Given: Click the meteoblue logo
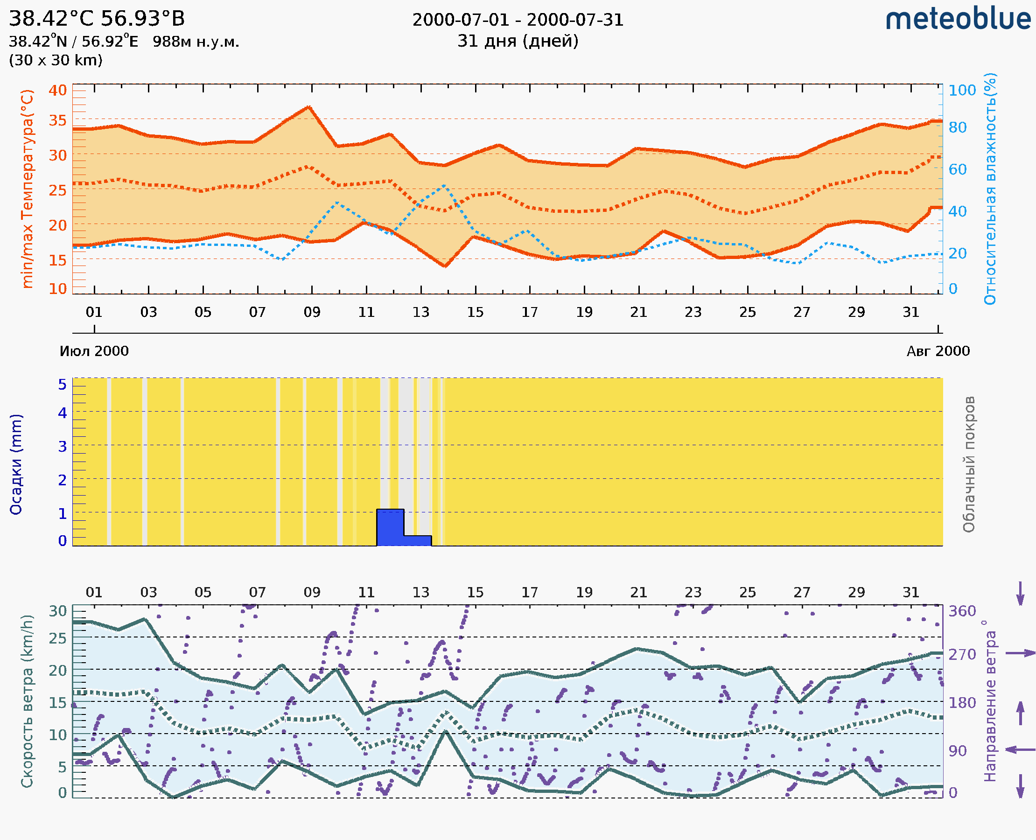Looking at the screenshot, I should pyautogui.click(x=958, y=19).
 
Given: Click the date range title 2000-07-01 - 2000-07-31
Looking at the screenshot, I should pyautogui.click(x=518, y=20).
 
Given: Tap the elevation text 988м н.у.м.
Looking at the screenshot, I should pyautogui.click(x=196, y=42).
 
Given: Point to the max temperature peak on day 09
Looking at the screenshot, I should pyautogui.click(x=309, y=107).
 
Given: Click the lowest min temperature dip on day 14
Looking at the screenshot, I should pyautogui.click(x=445, y=266).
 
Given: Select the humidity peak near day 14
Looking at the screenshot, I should pyautogui.click(x=444, y=185).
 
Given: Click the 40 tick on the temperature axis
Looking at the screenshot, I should pyautogui.click(x=57, y=91).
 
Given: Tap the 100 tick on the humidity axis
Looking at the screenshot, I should pyautogui.click(x=962, y=91).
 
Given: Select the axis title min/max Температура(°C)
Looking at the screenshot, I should pyautogui.click(x=28, y=189).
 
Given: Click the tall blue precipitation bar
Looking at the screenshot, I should pyautogui.click(x=390, y=527).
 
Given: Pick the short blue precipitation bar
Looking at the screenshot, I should pyautogui.click(x=418, y=540).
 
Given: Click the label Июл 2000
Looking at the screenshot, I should pyautogui.click(x=94, y=351).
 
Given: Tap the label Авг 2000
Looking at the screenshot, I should pyautogui.click(x=938, y=351).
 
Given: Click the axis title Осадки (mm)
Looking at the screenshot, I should pyautogui.click(x=16, y=464).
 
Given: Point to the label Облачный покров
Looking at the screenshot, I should pyautogui.click(x=969, y=464).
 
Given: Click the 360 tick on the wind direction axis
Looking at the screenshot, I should pyautogui.click(x=962, y=611).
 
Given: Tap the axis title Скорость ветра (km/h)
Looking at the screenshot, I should pyautogui.click(x=28, y=701).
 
